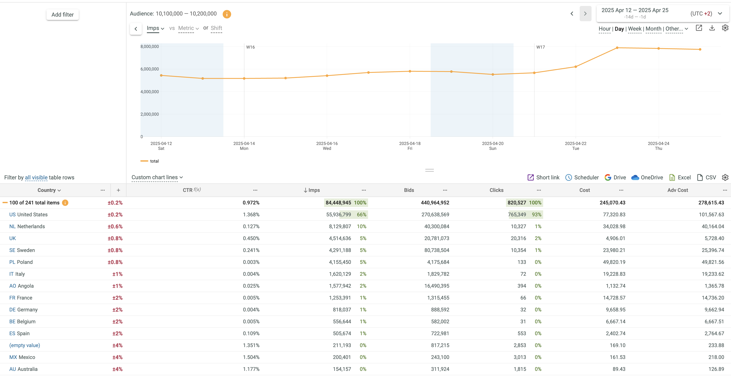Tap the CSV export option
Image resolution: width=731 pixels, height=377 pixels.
pyautogui.click(x=707, y=177)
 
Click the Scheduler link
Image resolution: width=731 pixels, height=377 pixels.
pyautogui.click(x=582, y=177)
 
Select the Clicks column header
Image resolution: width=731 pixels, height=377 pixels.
pyautogui.click(x=496, y=190)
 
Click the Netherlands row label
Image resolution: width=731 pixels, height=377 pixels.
pyautogui.click(x=27, y=226)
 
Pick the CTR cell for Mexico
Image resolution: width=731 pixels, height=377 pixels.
pyautogui.click(x=251, y=357)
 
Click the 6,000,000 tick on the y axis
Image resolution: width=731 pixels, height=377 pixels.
pyautogui.click(x=150, y=69)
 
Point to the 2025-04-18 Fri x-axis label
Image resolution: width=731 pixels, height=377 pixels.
pyautogui.click(x=410, y=146)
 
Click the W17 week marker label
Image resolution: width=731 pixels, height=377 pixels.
pyautogui.click(x=540, y=47)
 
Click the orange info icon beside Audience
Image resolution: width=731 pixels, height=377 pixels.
pyautogui.click(x=227, y=14)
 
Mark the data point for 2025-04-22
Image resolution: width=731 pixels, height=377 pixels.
pyautogui.click(x=575, y=67)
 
